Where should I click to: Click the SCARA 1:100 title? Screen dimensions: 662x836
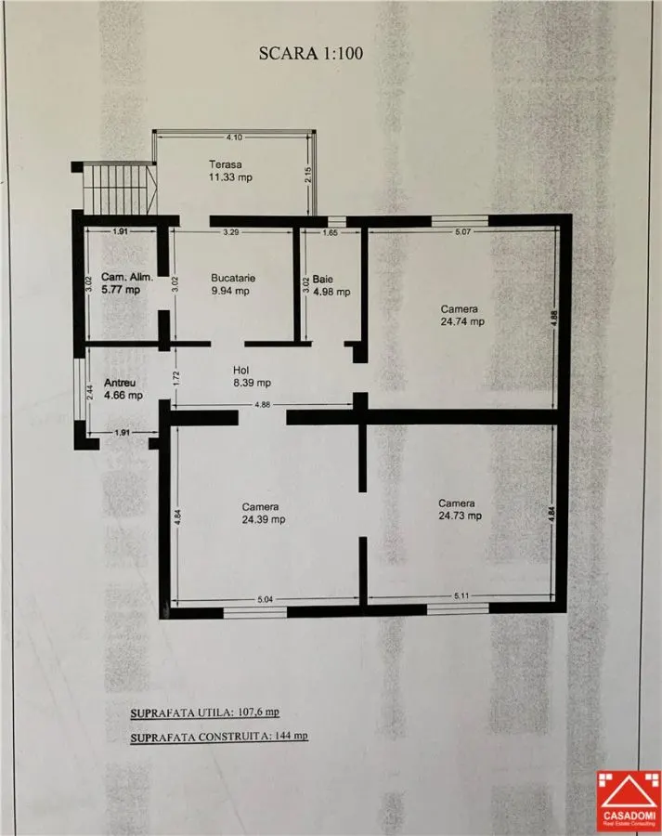tap(311, 53)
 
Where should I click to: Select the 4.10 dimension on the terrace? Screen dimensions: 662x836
tap(234, 137)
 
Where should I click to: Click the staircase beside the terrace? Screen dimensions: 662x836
tap(120, 189)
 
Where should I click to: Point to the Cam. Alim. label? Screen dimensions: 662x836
tap(127, 277)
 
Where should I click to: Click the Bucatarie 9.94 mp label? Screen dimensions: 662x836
tap(232, 284)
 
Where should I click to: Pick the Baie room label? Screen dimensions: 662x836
tap(323, 279)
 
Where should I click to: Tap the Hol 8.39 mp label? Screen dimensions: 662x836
tap(252, 376)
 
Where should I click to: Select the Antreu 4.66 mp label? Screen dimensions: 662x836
tap(123, 389)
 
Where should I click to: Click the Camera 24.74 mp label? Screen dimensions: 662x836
tap(462, 315)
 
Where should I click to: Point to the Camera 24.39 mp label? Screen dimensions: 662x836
tap(264, 513)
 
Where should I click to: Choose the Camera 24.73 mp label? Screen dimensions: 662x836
tap(460, 509)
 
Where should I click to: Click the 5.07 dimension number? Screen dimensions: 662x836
tap(463, 231)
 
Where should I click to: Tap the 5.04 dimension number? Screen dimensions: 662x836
tap(265, 599)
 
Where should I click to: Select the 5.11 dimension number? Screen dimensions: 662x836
tap(461, 595)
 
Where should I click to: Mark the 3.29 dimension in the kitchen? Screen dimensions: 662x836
tap(231, 232)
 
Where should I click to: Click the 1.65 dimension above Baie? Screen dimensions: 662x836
tap(330, 232)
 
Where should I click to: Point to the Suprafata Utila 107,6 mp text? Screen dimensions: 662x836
tap(205, 712)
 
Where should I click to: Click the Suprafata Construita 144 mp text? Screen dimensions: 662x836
tap(219, 737)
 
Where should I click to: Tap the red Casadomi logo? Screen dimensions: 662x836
tap(629, 802)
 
